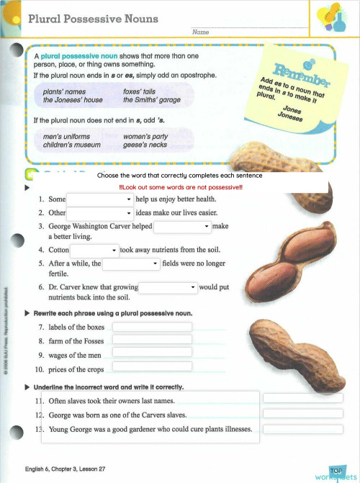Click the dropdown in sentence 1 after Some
tap(100, 199)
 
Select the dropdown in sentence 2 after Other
tap(100, 213)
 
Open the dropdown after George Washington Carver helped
tap(183, 226)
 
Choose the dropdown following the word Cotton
tap(94, 250)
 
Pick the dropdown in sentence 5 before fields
tap(131, 264)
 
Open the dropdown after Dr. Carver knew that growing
tap(168, 287)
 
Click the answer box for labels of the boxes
tap(152, 327)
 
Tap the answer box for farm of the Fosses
tap(152, 340)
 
